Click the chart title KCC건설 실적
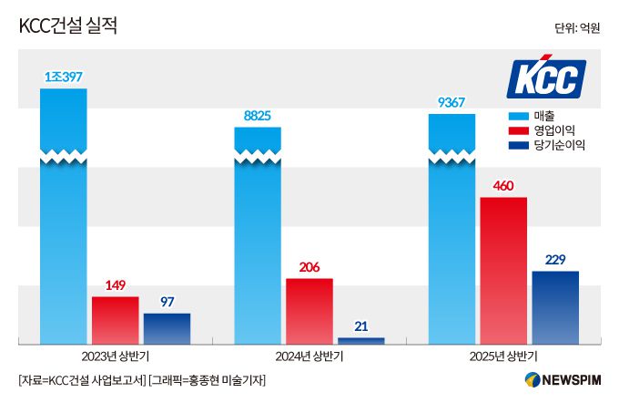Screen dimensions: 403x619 68,26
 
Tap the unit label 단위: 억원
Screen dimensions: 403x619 576,28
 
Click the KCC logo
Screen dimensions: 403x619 545,79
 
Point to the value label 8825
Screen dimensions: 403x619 258,116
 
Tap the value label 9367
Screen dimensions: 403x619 452,102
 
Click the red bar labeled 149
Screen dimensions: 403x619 115,320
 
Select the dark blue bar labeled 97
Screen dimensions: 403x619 167,328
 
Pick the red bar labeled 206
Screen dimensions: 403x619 309,311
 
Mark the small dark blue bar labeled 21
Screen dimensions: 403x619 360,340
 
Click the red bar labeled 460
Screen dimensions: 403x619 503,270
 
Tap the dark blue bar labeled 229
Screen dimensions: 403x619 555,307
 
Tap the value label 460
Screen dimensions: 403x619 503,187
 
